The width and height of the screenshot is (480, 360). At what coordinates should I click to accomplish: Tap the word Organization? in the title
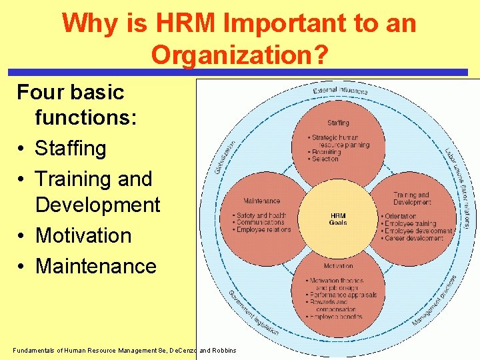(239, 55)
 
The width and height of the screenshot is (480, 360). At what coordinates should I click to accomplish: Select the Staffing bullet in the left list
(70, 148)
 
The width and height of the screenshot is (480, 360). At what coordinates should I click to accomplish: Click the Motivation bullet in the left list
(83, 235)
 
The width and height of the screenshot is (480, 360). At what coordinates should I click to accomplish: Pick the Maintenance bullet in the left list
(95, 266)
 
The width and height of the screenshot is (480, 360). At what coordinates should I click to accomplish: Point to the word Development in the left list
(98, 205)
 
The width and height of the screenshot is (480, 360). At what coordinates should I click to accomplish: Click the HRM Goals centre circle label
(338, 219)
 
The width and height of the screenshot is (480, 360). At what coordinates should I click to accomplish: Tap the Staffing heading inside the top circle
(338, 123)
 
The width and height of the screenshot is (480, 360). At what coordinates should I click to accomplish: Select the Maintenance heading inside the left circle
(262, 201)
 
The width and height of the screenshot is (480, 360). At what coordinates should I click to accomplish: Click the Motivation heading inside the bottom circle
(338, 266)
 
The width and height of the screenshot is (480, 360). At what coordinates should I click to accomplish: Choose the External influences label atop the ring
(340, 90)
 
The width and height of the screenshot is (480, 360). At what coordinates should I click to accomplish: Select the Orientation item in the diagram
(400, 217)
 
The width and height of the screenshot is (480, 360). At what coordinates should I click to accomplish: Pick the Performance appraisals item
(344, 295)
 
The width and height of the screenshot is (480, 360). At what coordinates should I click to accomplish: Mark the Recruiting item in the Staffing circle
(327, 152)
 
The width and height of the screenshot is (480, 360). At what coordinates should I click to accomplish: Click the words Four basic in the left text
(70, 93)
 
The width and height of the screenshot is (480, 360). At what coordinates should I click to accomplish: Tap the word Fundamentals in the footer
(37, 350)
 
